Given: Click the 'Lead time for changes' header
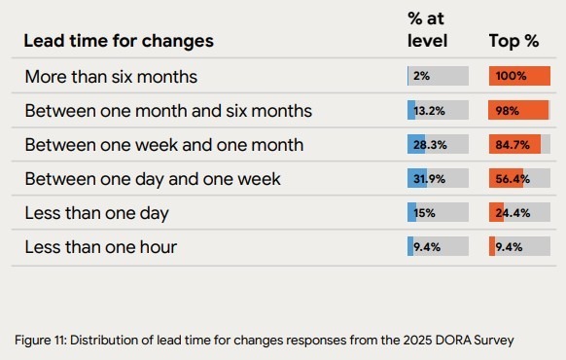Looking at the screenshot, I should pyautogui.click(x=118, y=41).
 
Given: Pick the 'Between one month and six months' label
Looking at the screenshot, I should pyautogui.click(x=168, y=111).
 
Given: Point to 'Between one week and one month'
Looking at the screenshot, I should pyautogui.click(x=163, y=145).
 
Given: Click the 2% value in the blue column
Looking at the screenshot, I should pyautogui.click(x=421, y=76).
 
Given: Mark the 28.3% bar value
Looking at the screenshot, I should pyautogui.click(x=428, y=145).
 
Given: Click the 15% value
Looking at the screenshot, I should pyautogui.click(x=424, y=213).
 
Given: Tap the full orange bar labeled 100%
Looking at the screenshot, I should pyautogui.click(x=519, y=76).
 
